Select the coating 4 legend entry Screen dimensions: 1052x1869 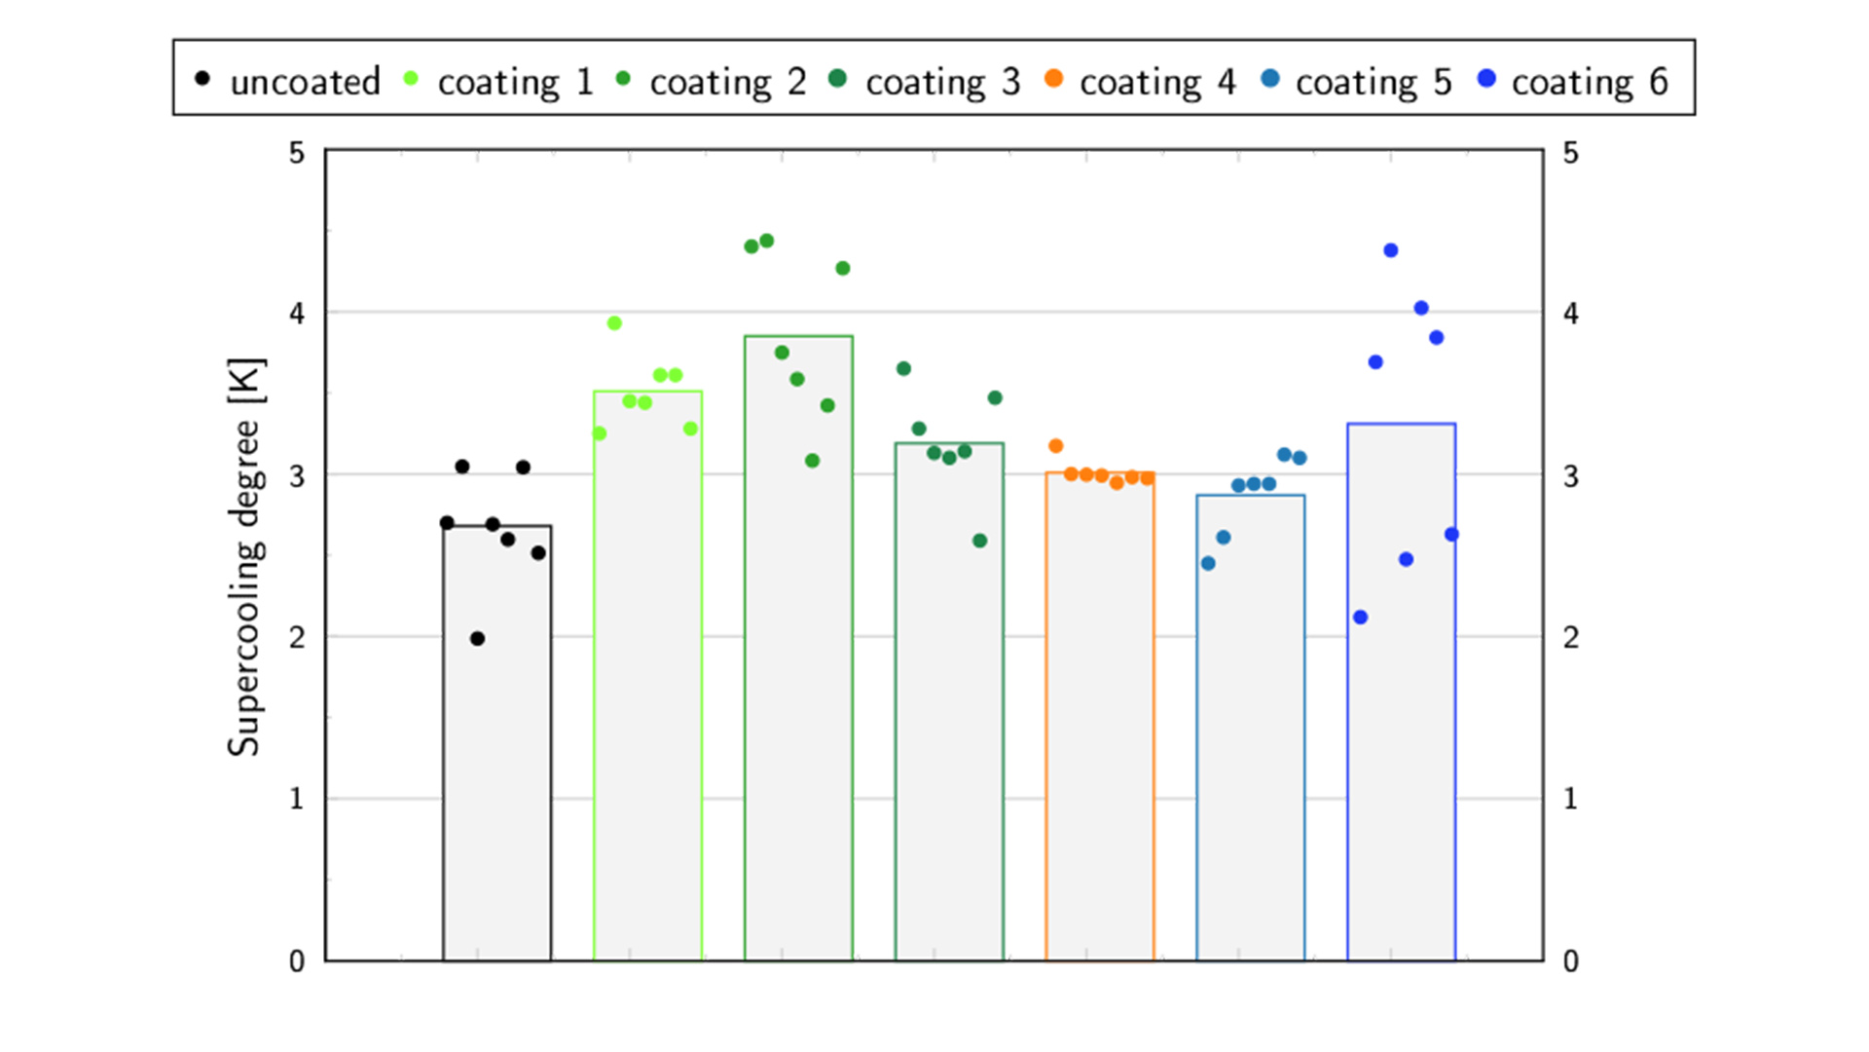1139,82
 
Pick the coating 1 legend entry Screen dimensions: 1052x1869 498,82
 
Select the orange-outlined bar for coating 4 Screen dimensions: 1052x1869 1100,721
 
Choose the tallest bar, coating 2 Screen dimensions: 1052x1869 798,653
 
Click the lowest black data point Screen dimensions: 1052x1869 477,639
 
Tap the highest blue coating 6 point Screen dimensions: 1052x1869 1391,250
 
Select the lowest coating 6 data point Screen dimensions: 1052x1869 1361,618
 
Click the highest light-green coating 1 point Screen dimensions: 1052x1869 614,323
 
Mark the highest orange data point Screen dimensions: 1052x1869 1056,446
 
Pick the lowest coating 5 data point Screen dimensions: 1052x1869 1208,564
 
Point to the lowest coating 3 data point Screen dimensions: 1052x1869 980,541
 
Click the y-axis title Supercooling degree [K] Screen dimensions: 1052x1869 244,557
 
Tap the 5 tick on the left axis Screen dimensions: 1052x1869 297,153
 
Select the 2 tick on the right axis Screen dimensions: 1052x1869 1570,638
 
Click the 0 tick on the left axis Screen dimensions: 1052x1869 297,961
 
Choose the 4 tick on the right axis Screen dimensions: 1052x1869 1570,314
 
